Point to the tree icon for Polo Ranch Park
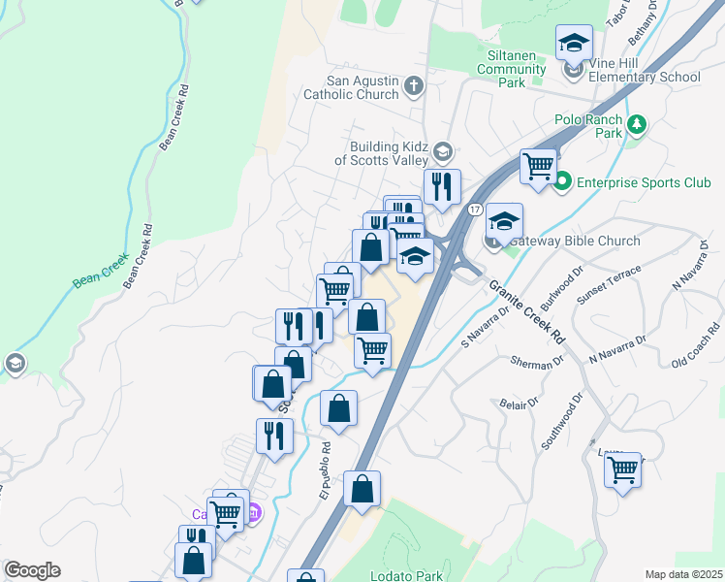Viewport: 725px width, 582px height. tap(636, 124)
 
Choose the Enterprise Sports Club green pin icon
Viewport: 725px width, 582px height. tap(563, 180)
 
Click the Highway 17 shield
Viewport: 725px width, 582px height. tap(474, 210)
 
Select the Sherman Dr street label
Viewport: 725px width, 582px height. tap(537, 362)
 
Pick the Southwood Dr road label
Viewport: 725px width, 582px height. tap(560, 420)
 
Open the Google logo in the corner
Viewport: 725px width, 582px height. tap(32, 570)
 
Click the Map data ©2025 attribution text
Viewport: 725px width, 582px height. tap(682, 574)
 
